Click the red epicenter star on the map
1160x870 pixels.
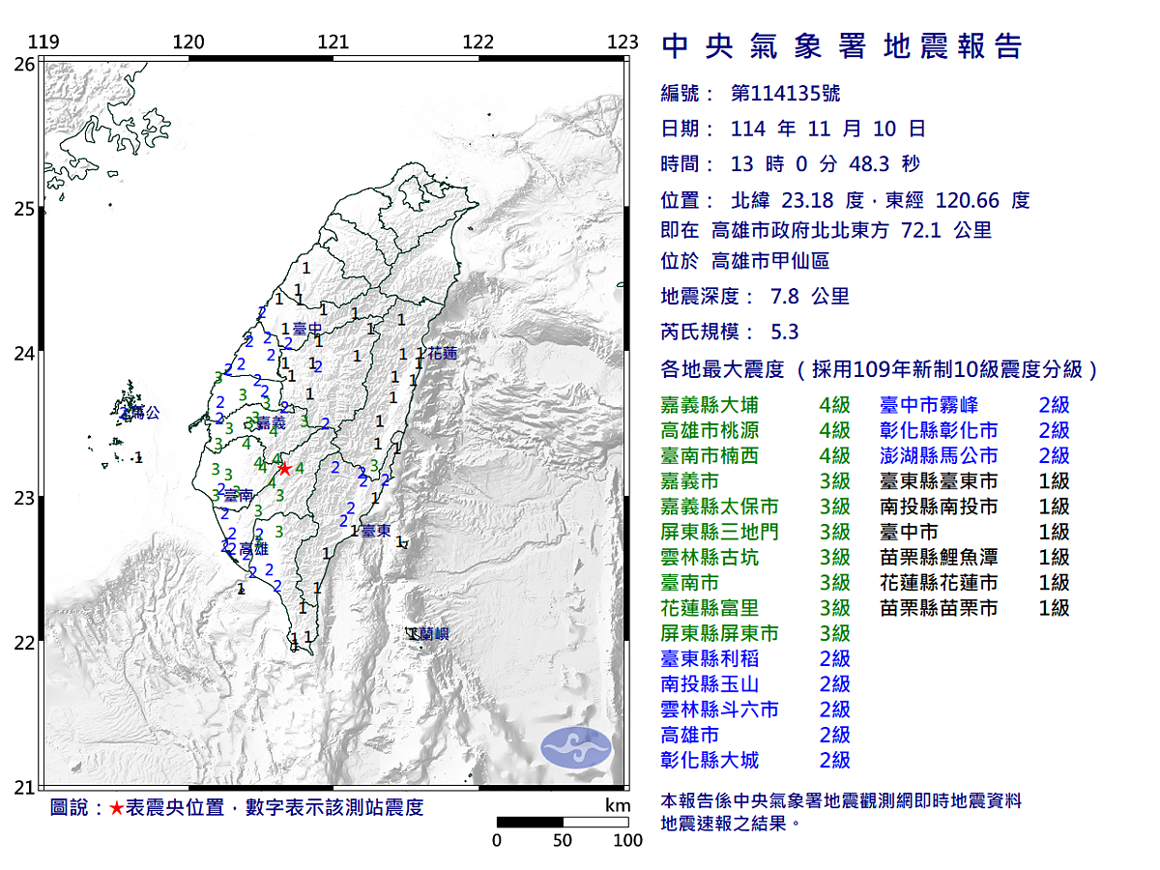tap(284, 469)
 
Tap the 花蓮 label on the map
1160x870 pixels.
tap(442, 354)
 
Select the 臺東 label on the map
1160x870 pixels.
tap(376, 531)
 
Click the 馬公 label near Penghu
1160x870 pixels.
tap(144, 413)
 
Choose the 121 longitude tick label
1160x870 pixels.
tap(333, 43)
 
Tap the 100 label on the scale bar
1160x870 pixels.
tap(627, 840)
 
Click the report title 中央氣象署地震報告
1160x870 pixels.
tap(841, 45)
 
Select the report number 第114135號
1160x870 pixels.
tap(785, 94)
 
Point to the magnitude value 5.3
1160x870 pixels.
tap(785, 332)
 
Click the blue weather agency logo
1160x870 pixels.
tap(576, 745)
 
